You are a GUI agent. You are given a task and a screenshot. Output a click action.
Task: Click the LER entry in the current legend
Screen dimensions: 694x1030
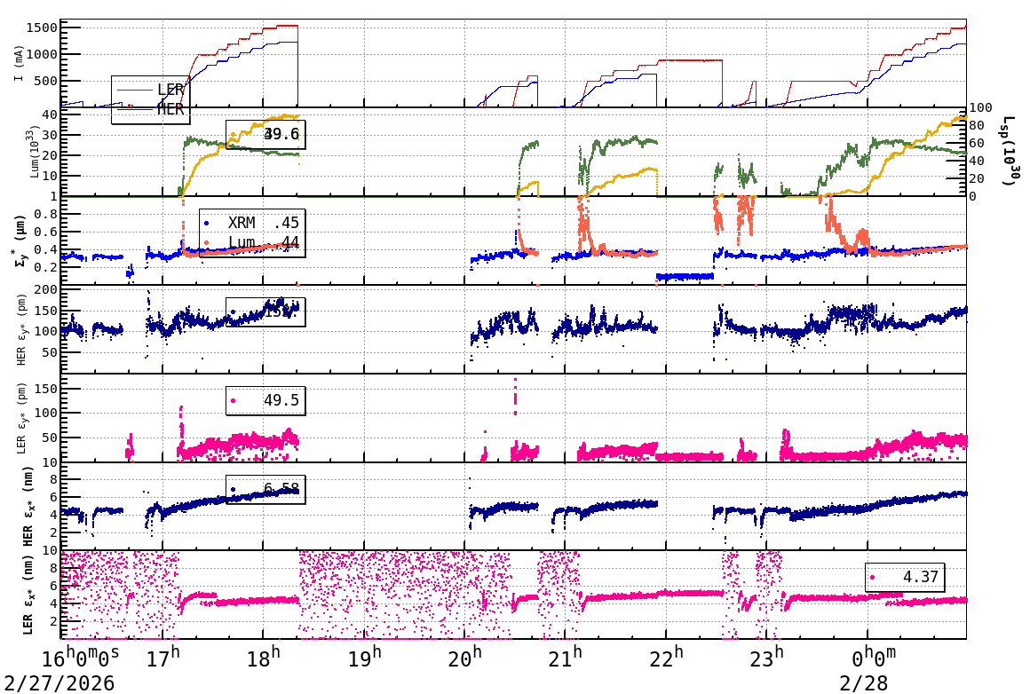click(170, 90)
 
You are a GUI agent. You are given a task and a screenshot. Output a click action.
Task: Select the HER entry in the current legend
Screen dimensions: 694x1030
click(170, 109)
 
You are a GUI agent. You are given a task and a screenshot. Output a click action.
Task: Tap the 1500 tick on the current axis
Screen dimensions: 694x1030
click(40, 28)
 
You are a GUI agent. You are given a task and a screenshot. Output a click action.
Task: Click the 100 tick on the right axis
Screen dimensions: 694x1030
click(980, 108)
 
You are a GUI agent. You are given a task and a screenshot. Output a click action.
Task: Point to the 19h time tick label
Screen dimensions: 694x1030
click(364, 659)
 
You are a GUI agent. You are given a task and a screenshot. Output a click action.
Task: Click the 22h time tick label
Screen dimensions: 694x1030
click(666, 659)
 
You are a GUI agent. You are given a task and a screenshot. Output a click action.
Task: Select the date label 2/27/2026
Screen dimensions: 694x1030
click(59, 682)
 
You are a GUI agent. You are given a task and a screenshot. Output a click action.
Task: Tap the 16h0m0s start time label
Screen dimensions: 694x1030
click(81, 659)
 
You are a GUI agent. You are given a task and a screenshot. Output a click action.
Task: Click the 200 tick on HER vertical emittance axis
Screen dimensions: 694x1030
click(45, 290)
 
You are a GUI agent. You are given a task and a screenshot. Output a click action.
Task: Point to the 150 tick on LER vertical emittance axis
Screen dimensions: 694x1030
click(45, 389)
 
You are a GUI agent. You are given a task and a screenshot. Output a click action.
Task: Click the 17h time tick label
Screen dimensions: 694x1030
click(162, 659)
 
